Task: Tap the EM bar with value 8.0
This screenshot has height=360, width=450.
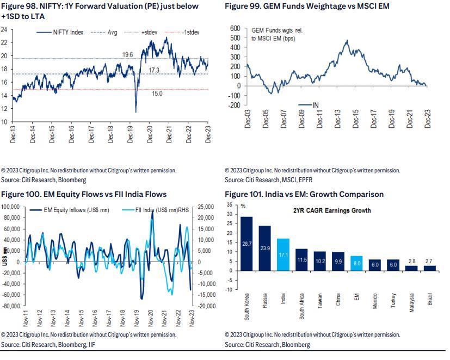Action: pos(356,263)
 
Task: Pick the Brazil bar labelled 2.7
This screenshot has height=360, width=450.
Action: pos(430,268)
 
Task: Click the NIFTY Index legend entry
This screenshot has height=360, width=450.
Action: pos(60,33)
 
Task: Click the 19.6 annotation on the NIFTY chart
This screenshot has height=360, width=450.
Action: pos(127,54)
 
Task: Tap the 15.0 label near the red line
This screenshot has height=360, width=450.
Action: pos(157,94)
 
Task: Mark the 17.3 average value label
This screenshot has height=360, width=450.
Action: pos(153,71)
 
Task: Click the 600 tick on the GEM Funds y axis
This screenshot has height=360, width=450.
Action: pos(235,28)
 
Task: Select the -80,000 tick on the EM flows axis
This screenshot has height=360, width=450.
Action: pos(11,306)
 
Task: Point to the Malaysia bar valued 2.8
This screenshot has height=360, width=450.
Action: pos(411,268)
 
